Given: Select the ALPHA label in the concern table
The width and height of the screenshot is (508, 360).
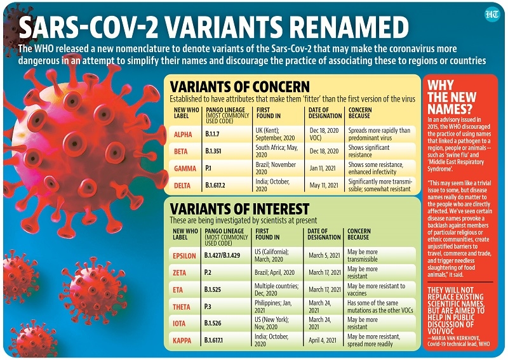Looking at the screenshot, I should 183,134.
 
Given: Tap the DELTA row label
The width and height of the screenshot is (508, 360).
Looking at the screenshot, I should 183,185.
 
